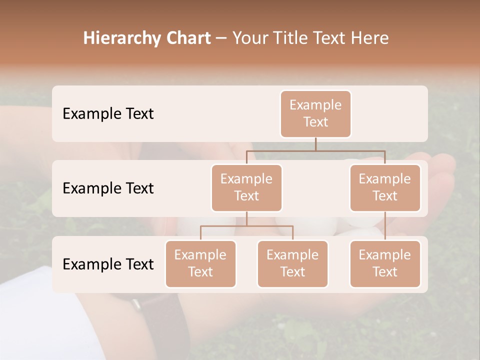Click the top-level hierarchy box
tap(315, 114)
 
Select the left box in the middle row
tap(246, 188)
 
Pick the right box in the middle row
tap(385, 188)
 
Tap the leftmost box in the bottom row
tap(200, 264)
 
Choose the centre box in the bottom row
tap(292, 264)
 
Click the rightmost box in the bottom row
tap(385, 264)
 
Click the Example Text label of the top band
tap(108, 114)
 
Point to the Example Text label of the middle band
tap(108, 188)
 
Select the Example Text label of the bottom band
tap(108, 264)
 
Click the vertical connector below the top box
tap(315, 144)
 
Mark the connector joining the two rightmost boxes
tap(385, 226)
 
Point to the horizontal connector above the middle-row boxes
tap(315, 150)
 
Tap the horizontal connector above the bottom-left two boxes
tap(246, 226)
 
